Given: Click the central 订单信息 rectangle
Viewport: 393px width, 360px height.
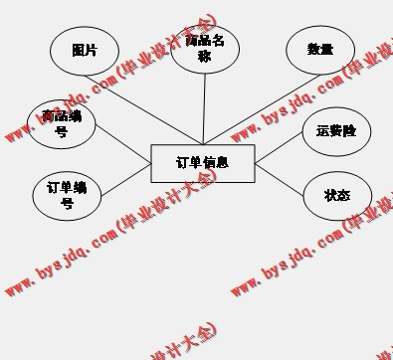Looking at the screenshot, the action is pos(202,163).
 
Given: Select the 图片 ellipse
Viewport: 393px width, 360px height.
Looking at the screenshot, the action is pos(85,50).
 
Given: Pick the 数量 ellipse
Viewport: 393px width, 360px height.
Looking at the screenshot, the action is pos(319,50).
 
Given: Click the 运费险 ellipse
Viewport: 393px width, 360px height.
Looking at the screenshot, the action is pos(335,131).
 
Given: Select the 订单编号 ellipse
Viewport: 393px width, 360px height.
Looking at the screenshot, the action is pos(67,194).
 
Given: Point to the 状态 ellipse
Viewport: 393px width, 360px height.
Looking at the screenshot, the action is pos(337,195).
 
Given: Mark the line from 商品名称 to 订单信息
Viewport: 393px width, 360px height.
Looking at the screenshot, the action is pos(204,109).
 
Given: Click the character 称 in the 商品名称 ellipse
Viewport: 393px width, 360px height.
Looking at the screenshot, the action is pos(205,58).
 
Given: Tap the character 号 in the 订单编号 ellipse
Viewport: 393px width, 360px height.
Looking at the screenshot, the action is pos(67,204).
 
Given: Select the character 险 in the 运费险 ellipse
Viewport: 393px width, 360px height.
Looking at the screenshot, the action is pos(350,131).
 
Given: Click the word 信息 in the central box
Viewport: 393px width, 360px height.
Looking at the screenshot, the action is pos(216,162).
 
